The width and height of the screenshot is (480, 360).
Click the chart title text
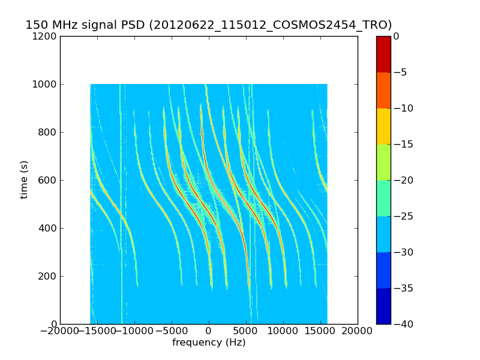pos(208,25)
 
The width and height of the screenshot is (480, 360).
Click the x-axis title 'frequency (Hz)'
pos(209,343)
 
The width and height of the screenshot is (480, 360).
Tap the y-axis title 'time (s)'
pos(24,179)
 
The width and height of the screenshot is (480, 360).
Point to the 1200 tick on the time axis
pos(46,37)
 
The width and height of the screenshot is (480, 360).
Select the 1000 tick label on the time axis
pos(46,85)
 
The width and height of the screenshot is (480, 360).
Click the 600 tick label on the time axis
pos(48,181)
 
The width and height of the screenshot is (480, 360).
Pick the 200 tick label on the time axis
pos(48,277)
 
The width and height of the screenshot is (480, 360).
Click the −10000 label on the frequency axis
pos(133,331)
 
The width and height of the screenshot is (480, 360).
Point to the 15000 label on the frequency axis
pos(320,331)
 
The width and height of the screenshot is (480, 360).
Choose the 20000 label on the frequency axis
pos(358,331)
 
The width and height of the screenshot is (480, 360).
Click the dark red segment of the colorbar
pos(383,54)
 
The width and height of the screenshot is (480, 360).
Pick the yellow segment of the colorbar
pos(383,126)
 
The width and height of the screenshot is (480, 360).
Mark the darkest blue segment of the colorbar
pos(383,306)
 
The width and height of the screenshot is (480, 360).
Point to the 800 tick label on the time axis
pos(48,133)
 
